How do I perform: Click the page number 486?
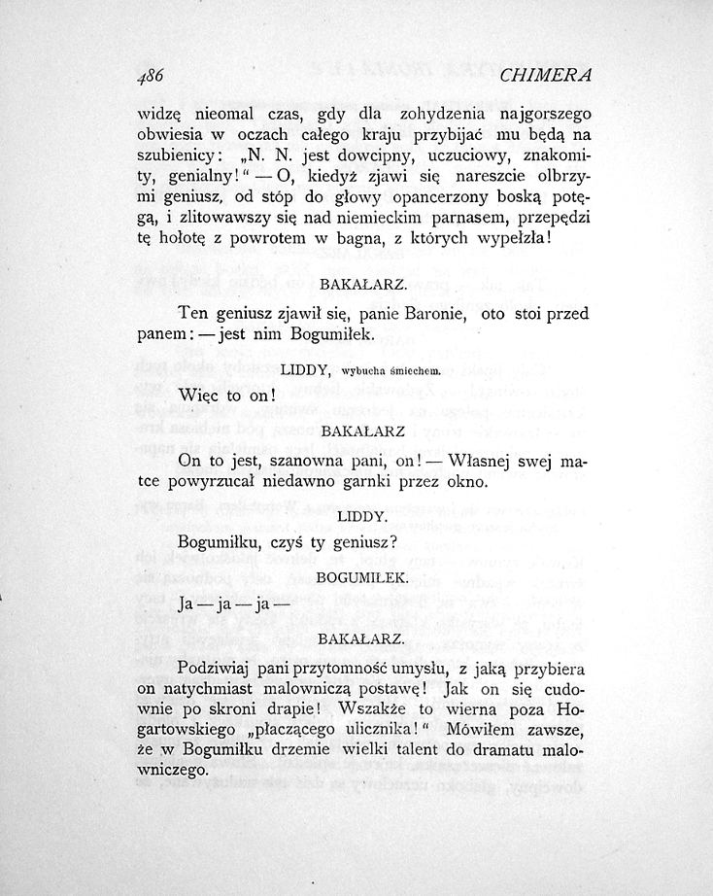[x=153, y=76]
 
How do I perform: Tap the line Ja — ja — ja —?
[x=230, y=603]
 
